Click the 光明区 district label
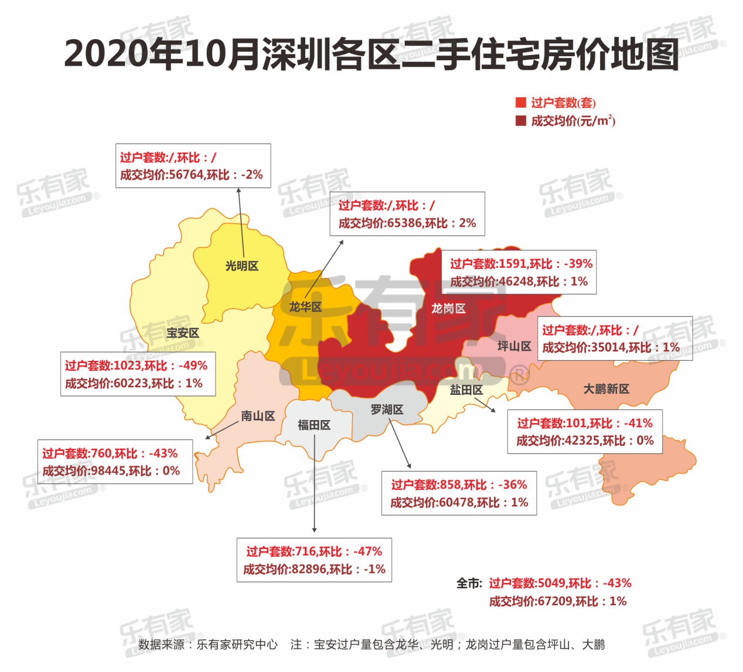point(241,266)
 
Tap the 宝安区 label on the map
point(182,333)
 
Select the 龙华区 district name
point(305,306)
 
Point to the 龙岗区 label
point(448,308)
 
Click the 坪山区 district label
point(514,346)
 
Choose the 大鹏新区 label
point(606,388)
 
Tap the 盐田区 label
point(466,390)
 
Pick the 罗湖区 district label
point(387,410)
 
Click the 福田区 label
point(314,425)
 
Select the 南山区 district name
point(258,416)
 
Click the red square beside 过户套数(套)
point(520,103)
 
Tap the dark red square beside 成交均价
point(520,121)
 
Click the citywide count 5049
point(551,584)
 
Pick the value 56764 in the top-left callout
point(186,175)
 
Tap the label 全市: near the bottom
point(469,584)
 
